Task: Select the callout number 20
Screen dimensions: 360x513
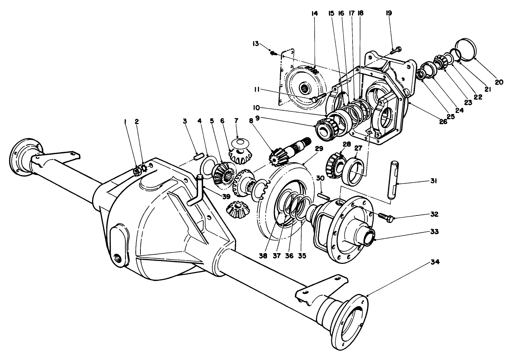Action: coord(499,82)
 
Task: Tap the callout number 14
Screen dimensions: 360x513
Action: coord(315,14)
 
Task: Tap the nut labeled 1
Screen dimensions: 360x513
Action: coord(136,171)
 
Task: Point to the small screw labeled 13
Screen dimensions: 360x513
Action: coord(274,53)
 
